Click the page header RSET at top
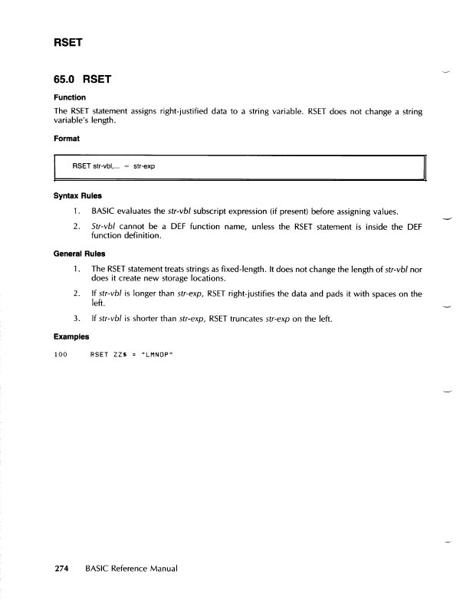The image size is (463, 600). point(67,44)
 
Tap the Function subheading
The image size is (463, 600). point(69,97)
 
